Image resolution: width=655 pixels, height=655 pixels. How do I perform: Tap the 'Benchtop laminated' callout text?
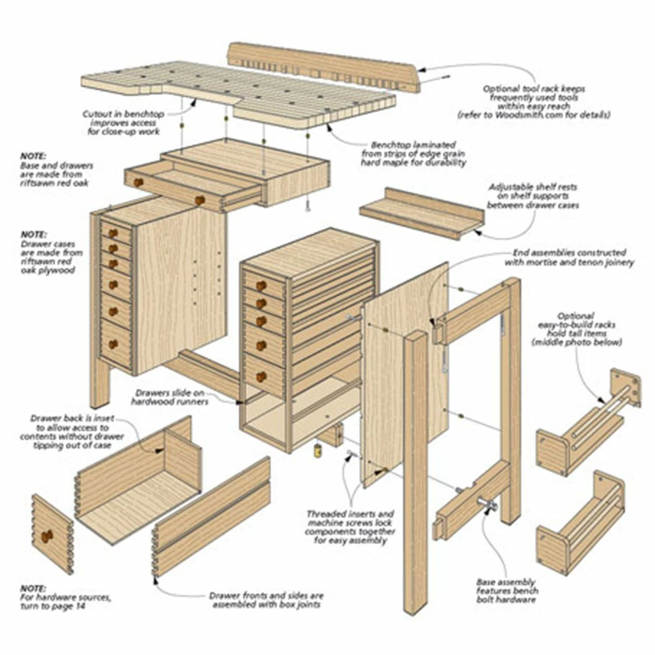point(413,154)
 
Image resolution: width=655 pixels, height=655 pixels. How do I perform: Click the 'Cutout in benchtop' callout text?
point(123,123)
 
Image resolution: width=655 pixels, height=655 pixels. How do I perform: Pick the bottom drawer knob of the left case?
point(113,344)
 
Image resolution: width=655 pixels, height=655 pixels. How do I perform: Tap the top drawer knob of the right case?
point(261,285)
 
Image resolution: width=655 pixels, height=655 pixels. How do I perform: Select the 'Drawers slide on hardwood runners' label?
point(169,397)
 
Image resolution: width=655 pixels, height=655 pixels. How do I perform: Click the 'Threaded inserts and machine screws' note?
point(351,527)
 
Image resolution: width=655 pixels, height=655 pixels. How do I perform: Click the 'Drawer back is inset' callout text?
point(72,431)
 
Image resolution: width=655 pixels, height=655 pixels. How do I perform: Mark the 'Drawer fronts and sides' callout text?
point(266,600)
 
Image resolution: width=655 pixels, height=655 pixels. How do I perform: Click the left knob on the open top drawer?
point(139,182)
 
